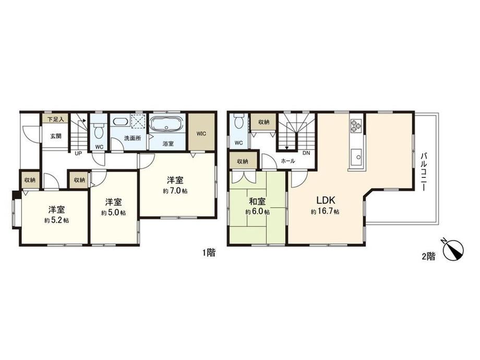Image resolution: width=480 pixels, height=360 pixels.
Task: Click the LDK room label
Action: tap(326, 200)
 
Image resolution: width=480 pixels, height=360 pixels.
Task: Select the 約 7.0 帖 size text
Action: tap(175, 191)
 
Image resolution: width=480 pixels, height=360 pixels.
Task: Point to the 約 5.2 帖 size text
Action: tap(56, 220)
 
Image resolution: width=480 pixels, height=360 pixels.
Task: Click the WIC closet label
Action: tap(201, 134)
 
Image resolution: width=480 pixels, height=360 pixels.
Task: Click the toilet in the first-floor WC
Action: tap(99, 129)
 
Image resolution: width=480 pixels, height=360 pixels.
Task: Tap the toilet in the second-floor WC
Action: tap(238, 122)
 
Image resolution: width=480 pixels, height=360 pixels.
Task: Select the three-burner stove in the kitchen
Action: tap(355, 126)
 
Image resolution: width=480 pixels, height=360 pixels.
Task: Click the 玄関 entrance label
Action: tap(56, 136)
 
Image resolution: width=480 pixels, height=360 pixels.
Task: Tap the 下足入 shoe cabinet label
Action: tap(55, 119)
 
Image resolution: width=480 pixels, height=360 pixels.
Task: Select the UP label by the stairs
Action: tap(78, 154)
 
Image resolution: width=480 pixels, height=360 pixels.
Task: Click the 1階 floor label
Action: tap(209, 253)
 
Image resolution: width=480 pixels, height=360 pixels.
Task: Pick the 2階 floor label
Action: tap(428, 257)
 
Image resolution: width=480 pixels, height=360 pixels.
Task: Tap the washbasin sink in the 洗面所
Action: tap(120, 122)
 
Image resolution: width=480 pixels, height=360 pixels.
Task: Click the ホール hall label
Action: tap(288, 161)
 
